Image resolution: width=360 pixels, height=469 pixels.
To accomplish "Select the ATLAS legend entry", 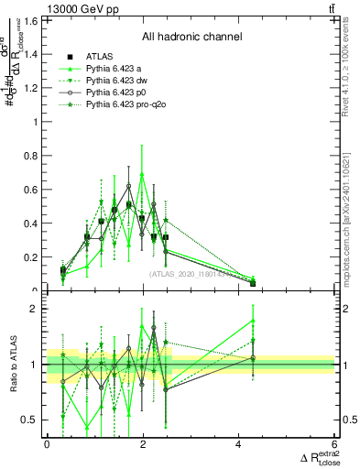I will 100,57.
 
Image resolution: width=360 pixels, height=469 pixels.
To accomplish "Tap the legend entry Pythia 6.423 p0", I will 116,93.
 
